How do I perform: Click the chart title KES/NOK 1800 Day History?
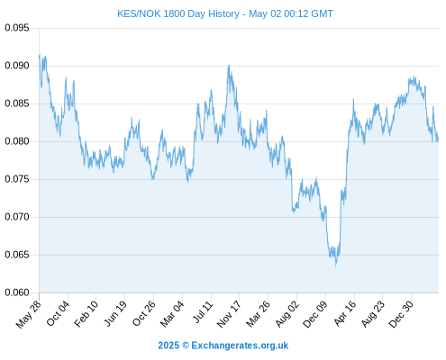(178, 13)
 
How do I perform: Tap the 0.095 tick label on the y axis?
(17, 28)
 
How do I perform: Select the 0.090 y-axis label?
(17, 66)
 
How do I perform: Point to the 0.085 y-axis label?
(17, 103)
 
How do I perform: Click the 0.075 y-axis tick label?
(17, 179)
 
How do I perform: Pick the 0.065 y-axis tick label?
(17, 255)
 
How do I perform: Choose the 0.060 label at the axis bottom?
(17, 292)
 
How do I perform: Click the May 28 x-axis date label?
(28, 314)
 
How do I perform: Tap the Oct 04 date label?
(58, 313)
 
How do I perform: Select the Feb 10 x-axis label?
(86, 313)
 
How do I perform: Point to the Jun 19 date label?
(115, 313)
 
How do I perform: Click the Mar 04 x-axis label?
(172, 314)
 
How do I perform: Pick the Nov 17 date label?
(229, 314)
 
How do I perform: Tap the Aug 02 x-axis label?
(287, 314)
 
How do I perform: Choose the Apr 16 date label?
(345, 313)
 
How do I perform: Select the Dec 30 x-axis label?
(401, 314)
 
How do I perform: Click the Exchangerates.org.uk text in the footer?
(240, 346)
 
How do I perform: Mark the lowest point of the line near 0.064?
(336, 265)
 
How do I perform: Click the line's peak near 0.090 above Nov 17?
(229, 66)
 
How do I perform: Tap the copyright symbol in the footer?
(186, 346)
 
